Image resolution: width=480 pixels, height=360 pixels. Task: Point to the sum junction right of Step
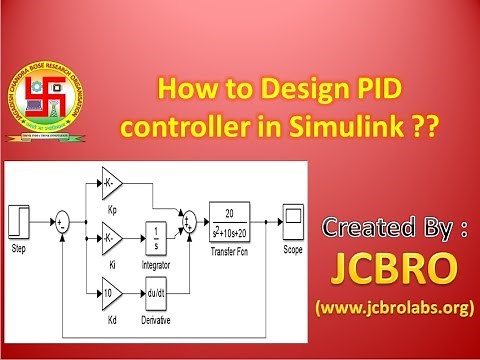(x=62, y=221)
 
